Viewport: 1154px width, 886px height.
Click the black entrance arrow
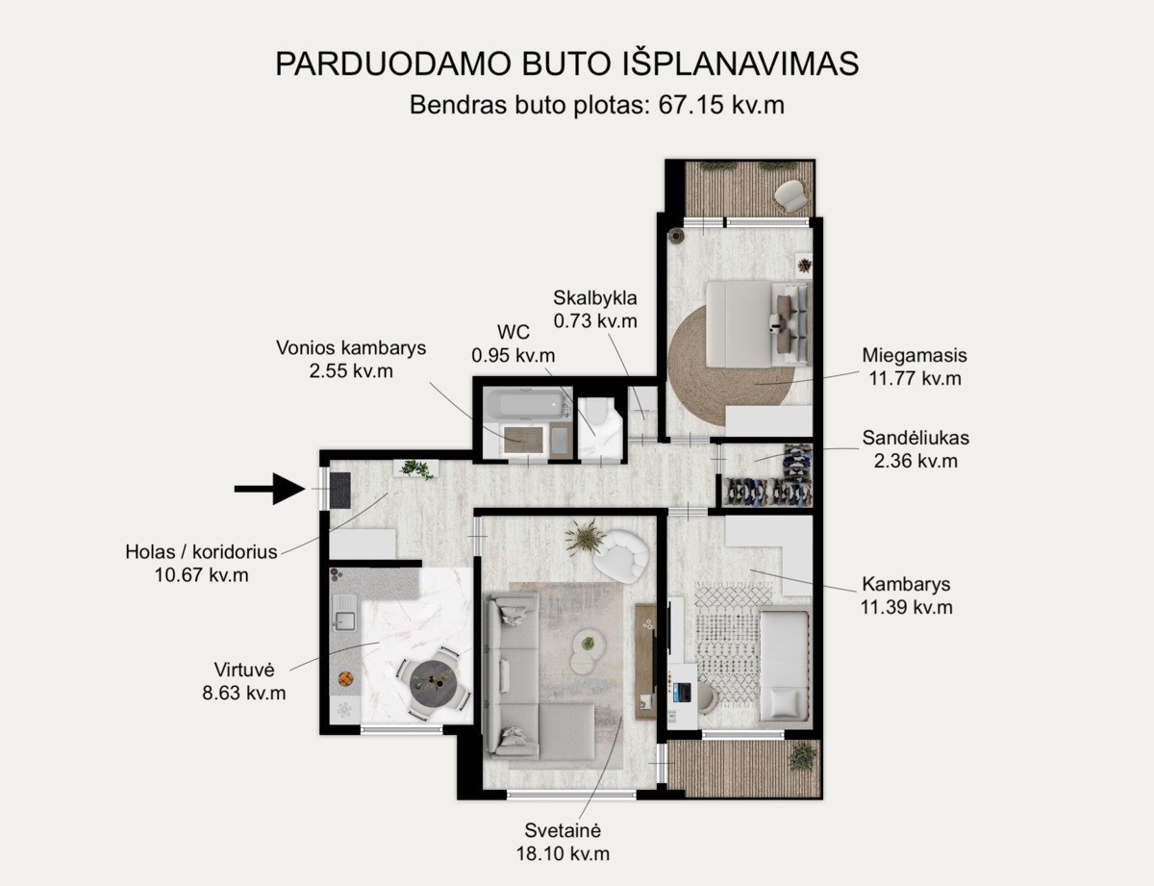(x=270, y=489)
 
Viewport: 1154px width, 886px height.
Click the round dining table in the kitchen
(x=434, y=683)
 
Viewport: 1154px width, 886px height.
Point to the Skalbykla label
(x=594, y=298)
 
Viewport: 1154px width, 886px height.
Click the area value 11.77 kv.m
(x=915, y=378)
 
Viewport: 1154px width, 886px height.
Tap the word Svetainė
(x=563, y=830)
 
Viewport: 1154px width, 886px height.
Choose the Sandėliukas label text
(x=916, y=438)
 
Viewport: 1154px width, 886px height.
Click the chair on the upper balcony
(x=790, y=194)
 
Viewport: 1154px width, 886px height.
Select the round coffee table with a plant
(x=588, y=644)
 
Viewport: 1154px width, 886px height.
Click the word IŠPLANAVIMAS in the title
(x=740, y=64)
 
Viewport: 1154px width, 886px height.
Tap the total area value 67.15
(x=690, y=105)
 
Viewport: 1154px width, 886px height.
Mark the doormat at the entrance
(x=339, y=490)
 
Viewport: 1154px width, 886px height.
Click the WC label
(x=513, y=333)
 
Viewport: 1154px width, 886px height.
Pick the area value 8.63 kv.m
(x=243, y=693)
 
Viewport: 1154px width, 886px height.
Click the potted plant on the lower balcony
(x=802, y=757)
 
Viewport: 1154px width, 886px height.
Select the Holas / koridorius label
(x=201, y=552)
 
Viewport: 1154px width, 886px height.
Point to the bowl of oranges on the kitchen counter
(x=346, y=678)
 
